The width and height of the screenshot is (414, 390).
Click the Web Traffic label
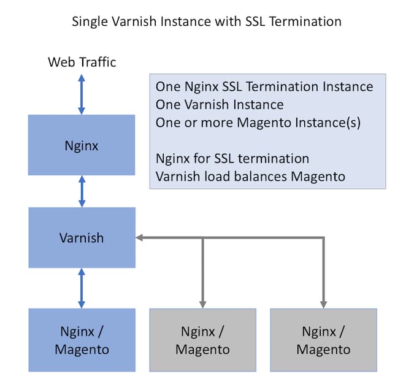(x=82, y=62)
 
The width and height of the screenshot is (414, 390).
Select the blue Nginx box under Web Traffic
(x=82, y=145)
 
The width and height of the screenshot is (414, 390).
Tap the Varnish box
(x=82, y=237)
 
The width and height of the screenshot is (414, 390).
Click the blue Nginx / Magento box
(x=82, y=340)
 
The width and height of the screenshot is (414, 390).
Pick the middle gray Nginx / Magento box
(x=202, y=340)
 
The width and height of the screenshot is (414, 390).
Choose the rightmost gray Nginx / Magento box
(x=323, y=340)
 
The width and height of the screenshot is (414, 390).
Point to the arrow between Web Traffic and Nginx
(x=82, y=94)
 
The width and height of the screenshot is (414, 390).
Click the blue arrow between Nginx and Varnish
(x=82, y=191)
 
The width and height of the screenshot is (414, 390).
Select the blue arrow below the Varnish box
(x=82, y=288)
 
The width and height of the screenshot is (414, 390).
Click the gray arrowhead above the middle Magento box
(x=202, y=304)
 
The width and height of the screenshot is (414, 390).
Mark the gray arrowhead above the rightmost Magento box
(x=323, y=304)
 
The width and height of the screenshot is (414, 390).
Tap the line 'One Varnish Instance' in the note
(x=220, y=104)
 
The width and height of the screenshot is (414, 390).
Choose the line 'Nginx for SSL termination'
(x=232, y=159)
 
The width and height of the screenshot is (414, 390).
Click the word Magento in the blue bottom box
(x=82, y=350)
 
